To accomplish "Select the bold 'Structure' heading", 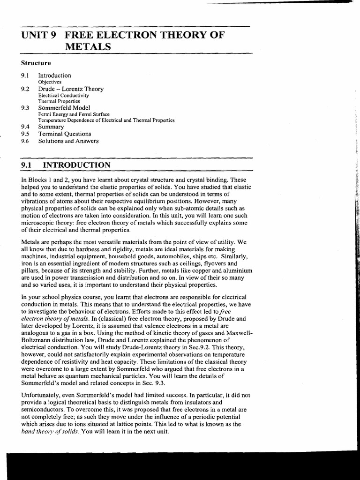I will pos(36,63).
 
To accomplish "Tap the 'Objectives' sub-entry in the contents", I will pos(50,82).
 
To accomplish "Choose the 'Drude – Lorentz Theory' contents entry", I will pos(71,89).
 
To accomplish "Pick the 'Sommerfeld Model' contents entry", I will pos(64,107).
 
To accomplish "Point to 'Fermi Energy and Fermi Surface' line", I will pos(74,114).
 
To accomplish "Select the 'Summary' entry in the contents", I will pos(51,127).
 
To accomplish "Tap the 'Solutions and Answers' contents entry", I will pos(68,141).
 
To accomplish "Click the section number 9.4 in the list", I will pos(25,127).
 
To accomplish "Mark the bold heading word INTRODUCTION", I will pos(77,165).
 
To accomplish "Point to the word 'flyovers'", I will pos(201,264).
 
